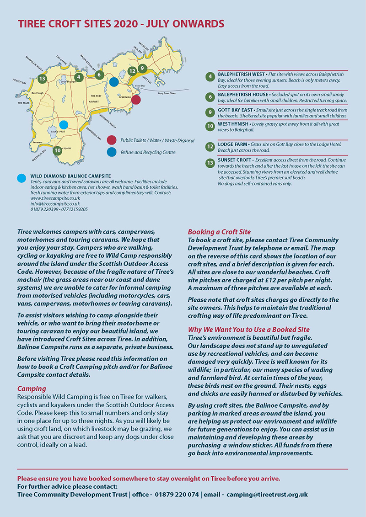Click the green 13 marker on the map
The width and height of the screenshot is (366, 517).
coord(42,79)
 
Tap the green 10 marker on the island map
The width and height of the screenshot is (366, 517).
coord(57,150)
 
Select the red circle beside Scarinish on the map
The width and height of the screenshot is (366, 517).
coord(136,100)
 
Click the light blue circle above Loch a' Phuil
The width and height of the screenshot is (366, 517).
coord(64,124)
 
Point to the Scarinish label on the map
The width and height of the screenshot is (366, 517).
coord(125,97)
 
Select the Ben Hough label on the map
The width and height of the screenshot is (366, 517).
coord(36,93)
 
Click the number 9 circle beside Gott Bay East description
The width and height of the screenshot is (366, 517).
coord(210,112)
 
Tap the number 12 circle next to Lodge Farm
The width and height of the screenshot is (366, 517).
coord(210,147)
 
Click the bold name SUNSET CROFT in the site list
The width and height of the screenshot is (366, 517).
coord(234,160)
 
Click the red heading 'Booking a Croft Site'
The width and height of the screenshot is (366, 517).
coord(219,232)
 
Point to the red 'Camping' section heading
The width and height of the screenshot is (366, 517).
coord(32,389)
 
